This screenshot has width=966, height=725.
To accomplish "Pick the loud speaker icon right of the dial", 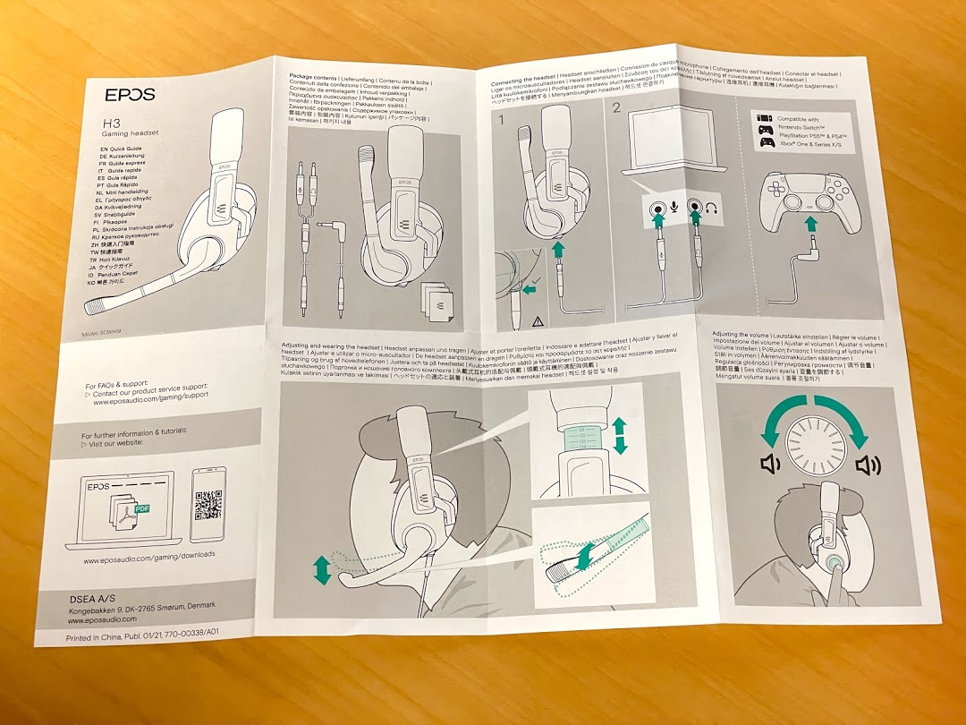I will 868,465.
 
